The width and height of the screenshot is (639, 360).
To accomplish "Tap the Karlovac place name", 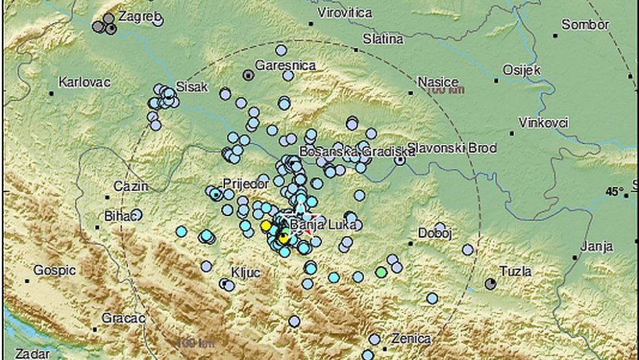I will (84, 82).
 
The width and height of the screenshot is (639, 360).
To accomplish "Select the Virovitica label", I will (345, 12).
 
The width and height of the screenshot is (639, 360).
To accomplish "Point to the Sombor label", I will (585, 24).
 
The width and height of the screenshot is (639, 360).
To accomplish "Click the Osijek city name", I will (521, 70).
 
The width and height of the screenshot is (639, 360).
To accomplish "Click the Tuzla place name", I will (516, 271).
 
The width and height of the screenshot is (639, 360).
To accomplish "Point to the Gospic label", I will (55, 270).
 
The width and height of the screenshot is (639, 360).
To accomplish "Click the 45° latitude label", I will (615, 192).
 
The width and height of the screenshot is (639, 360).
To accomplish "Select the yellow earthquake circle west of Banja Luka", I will (265, 226).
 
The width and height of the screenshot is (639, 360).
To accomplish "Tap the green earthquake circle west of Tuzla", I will (381, 272).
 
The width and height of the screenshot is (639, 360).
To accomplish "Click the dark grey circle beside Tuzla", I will (491, 283).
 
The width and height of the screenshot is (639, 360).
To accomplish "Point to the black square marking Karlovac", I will (51, 93).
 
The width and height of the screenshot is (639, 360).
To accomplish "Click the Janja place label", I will (597, 246).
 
